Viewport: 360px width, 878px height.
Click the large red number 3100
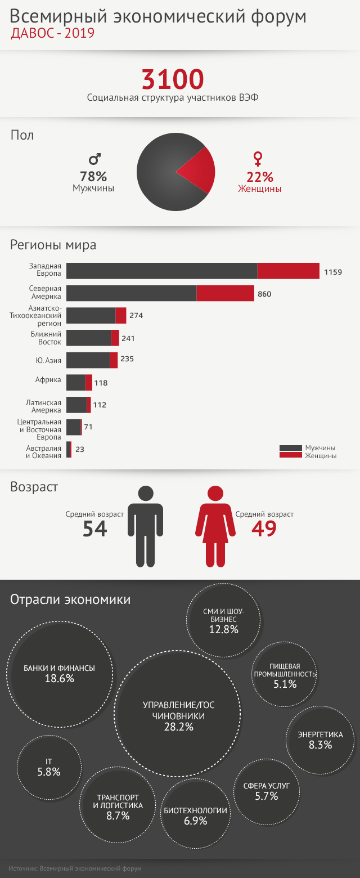[x=173, y=79]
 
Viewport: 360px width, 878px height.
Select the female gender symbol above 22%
[x=258, y=158]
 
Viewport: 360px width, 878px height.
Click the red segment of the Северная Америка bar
[x=225, y=293]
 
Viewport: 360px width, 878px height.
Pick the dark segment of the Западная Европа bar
[x=161, y=271]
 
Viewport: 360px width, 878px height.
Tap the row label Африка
[x=48, y=380]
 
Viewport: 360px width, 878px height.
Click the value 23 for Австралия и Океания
[x=80, y=449]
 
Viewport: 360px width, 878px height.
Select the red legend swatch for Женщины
[x=291, y=455]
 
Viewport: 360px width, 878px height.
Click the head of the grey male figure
[x=145, y=494]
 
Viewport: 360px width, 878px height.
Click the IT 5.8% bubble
[x=48, y=767]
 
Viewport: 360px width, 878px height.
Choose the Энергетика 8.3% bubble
[x=321, y=740]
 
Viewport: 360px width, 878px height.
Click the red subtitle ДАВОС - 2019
[x=52, y=34]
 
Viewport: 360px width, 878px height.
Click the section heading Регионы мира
[x=53, y=245]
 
